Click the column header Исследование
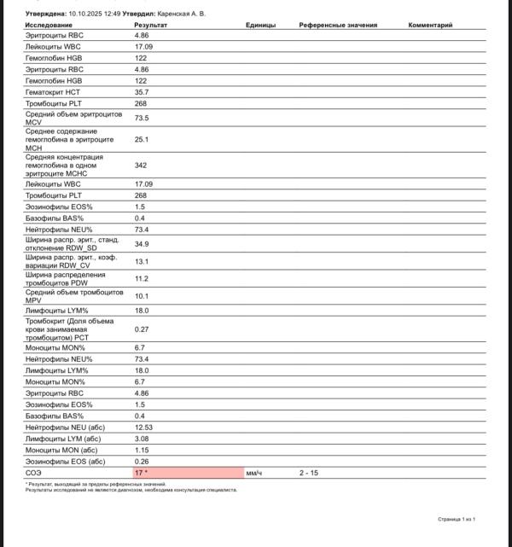click(x=49, y=26)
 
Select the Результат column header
click(x=151, y=26)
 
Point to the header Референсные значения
click(x=332, y=26)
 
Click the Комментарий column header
click(x=430, y=26)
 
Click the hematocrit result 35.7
click(x=142, y=91)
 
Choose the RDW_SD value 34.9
click(x=142, y=244)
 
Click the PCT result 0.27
click(x=142, y=329)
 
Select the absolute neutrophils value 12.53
click(x=143, y=427)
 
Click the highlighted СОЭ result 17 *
click(x=142, y=472)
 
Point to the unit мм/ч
click(x=253, y=472)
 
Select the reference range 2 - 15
click(x=309, y=472)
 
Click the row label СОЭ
click(x=34, y=472)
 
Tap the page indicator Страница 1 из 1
click(x=456, y=519)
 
